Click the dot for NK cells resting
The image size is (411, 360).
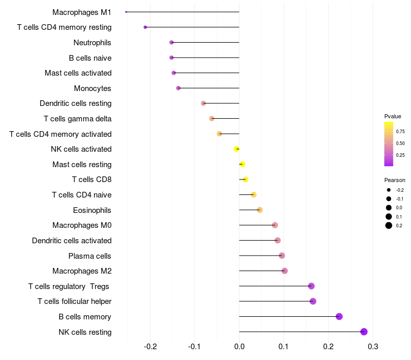(x=364, y=332)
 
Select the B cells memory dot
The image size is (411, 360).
(x=339, y=316)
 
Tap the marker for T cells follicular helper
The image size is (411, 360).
(x=313, y=301)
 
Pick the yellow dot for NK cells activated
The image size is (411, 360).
(x=236, y=149)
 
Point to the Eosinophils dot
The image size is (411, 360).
(x=259, y=210)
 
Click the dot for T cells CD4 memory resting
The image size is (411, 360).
(x=145, y=27)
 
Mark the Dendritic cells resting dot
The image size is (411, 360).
(x=203, y=103)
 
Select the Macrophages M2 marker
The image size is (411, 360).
(x=285, y=271)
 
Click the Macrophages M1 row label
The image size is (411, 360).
(x=82, y=12)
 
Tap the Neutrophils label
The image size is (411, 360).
(x=92, y=42)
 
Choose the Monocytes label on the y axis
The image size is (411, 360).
(x=92, y=88)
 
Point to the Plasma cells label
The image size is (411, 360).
(x=90, y=256)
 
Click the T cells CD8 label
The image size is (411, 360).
(x=91, y=179)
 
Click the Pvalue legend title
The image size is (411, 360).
(x=393, y=116)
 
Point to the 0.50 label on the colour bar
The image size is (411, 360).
(x=400, y=143)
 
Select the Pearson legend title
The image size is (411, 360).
(x=395, y=180)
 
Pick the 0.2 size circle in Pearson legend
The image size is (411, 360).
(x=389, y=225)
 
